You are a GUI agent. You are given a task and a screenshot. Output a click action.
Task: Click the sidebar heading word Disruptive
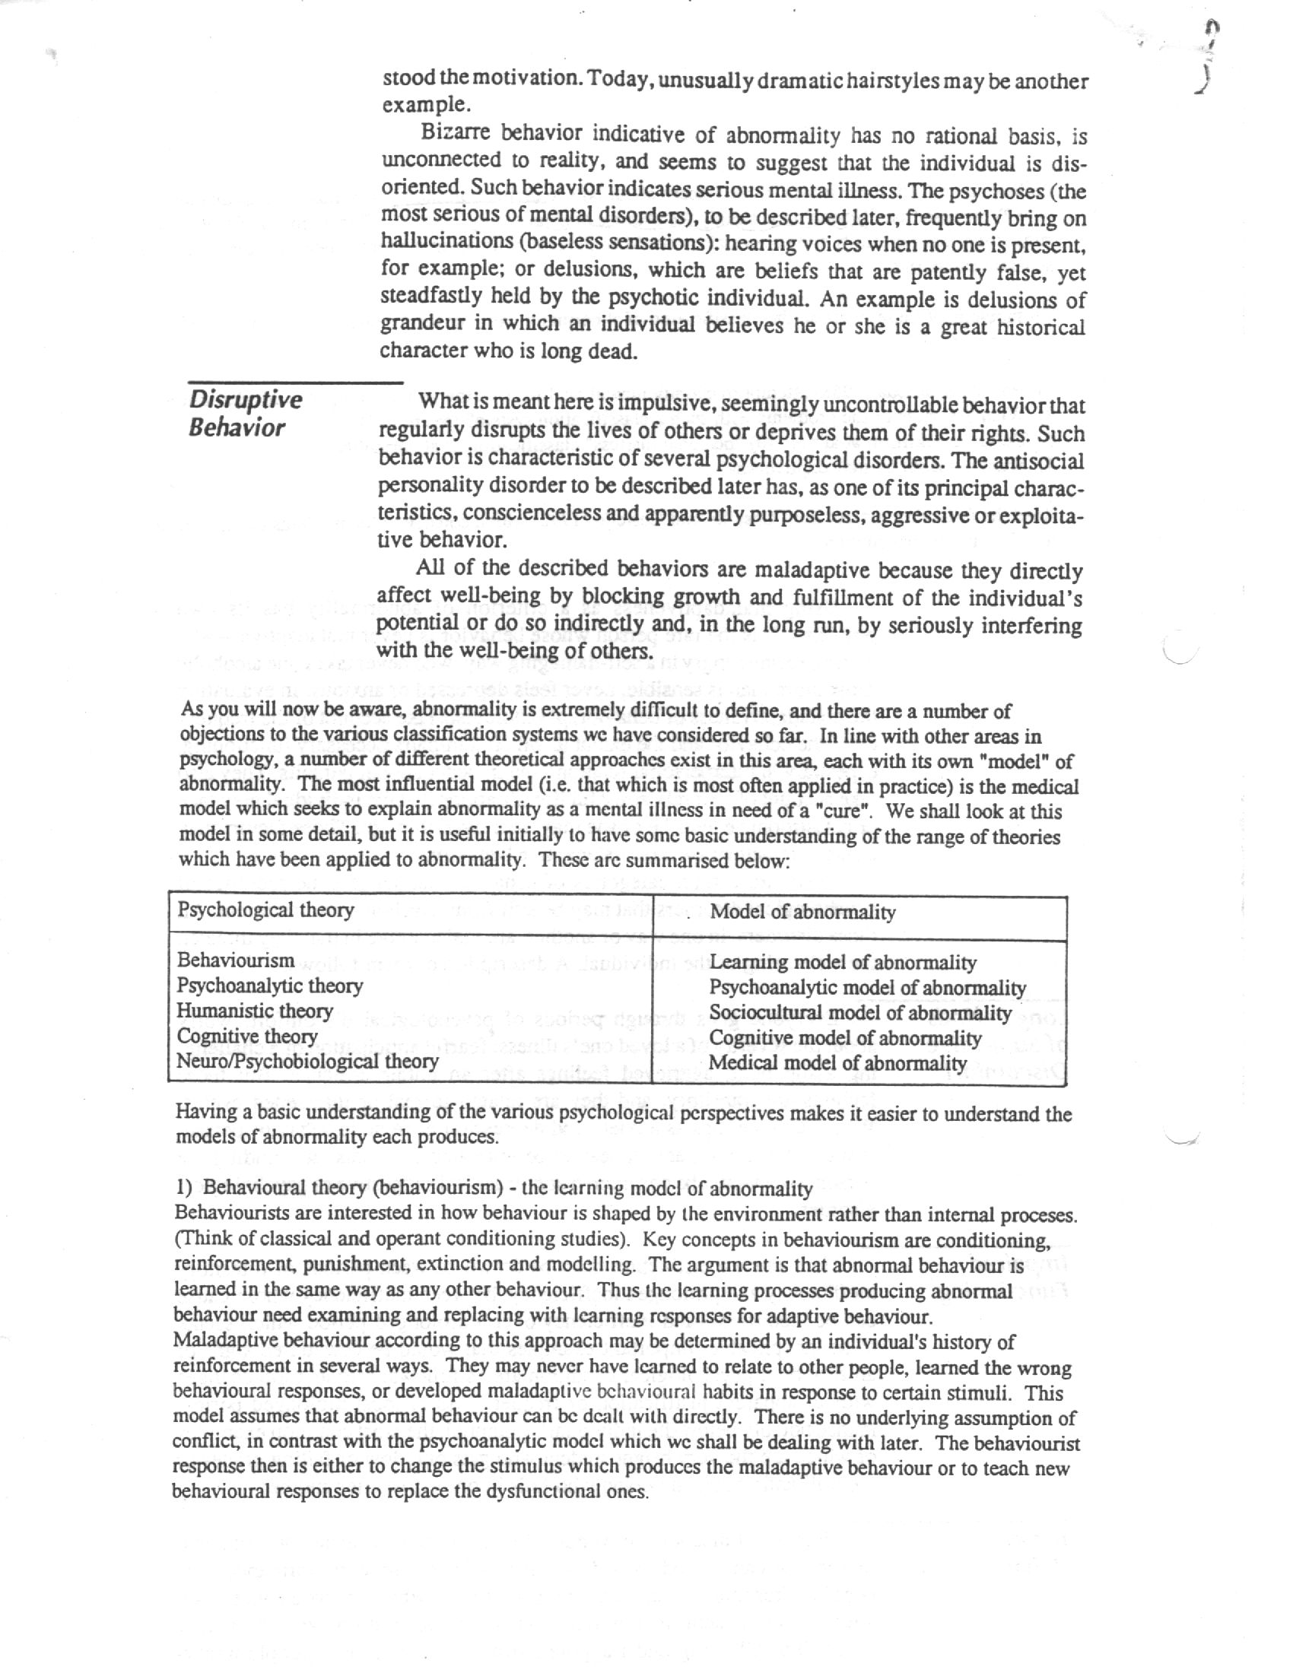pos(246,400)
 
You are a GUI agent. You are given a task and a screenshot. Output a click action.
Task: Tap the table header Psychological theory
pos(265,910)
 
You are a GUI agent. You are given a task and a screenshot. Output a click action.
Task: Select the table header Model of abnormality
pos(802,913)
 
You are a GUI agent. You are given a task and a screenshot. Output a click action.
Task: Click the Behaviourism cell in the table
pos(235,960)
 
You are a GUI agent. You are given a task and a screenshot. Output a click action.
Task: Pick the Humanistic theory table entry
pos(254,1011)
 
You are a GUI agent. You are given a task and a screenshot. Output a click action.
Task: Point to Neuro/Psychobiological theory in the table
pos(307,1062)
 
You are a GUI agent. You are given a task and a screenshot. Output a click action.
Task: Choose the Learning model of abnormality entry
pos(843,963)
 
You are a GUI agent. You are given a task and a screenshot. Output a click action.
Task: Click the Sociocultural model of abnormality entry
pos(860,1014)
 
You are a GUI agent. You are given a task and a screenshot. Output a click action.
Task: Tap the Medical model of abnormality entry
pos(837,1063)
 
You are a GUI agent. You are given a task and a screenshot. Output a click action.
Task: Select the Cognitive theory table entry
pos(246,1036)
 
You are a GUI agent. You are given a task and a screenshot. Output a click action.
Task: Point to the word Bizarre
pos(456,133)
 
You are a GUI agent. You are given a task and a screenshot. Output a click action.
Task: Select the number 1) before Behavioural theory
pos(184,1188)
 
